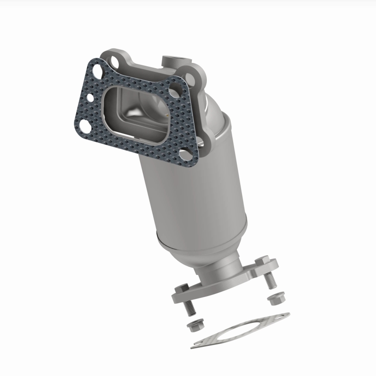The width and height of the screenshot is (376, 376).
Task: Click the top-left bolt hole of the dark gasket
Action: [98, 72]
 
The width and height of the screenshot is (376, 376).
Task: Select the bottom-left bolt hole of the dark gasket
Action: [85, 125]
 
